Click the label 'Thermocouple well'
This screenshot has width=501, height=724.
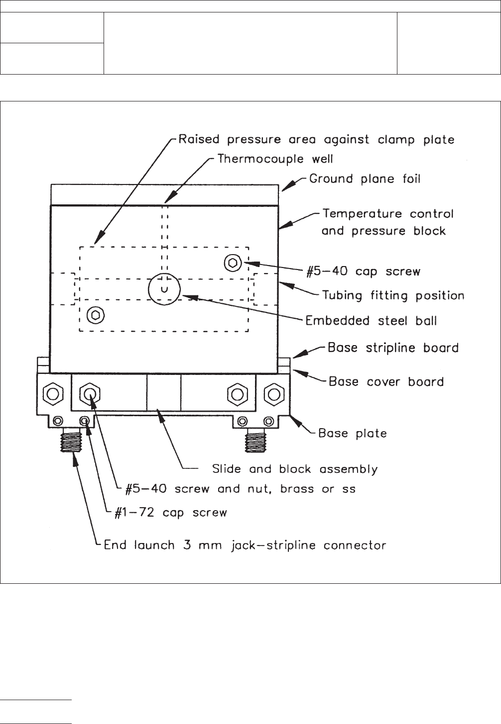tap(275, 159)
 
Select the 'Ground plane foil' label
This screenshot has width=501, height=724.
tap(365, 179)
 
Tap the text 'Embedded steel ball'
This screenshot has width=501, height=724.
tap(371, 320)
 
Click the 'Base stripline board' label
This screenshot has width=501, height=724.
tap(393, 348)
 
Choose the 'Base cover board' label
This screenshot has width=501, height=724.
tap(386, 381)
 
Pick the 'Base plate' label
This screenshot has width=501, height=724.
tap(352, 433)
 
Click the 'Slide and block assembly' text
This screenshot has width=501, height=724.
tap(295, 469)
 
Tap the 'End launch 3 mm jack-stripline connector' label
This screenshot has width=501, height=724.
tap(245, 545)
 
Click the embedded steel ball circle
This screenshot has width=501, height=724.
tap(164, 288)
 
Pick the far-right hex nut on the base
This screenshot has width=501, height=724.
tap(273, 395)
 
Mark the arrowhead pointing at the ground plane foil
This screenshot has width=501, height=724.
tap(286, 187)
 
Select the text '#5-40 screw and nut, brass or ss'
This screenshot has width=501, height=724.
tap(240, 489)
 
